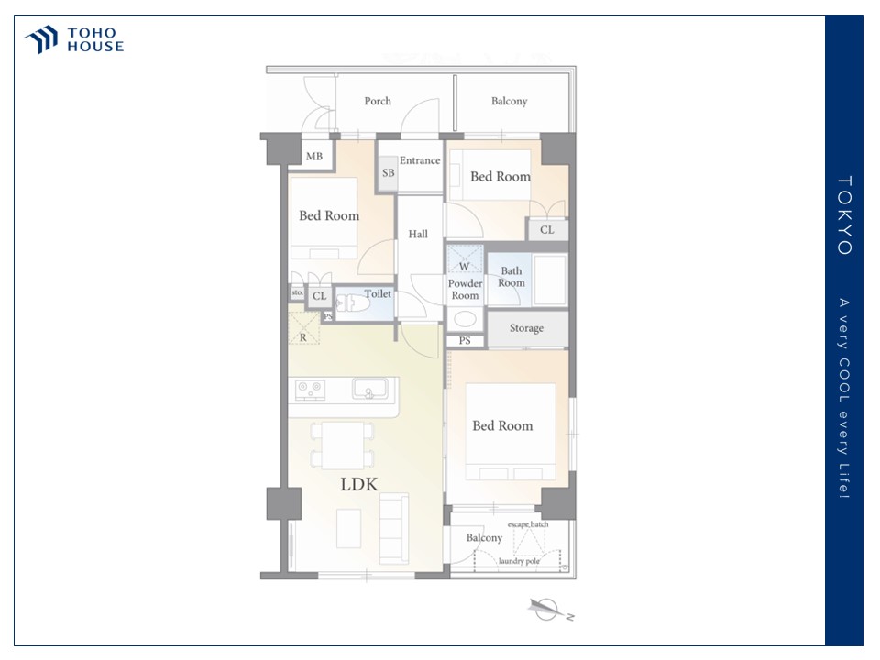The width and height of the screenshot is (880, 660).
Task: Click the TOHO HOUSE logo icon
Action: (41, 39)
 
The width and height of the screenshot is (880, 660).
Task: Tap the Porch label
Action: (378, 101)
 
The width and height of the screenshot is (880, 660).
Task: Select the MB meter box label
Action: (314, 156)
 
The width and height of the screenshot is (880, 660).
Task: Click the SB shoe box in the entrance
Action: (388, 173)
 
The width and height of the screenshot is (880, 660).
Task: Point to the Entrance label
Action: (420, 160)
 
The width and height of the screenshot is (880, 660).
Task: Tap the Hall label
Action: (418, 234)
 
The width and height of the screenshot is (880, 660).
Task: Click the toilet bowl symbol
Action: (352, 303)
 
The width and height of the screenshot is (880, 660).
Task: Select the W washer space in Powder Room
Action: (465, 258)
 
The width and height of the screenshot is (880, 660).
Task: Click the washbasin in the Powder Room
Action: (465, 319)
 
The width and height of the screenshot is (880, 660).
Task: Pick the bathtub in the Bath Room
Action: (549, 280)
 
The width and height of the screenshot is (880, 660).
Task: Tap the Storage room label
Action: (526, 328)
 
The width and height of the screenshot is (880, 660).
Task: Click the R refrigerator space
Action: (303, 328)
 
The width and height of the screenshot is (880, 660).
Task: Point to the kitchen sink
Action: (369, 389)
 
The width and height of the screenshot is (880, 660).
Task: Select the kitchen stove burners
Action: (311, 390)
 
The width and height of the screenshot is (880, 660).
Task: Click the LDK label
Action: (359, 484)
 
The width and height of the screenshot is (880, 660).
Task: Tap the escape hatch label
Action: (528, 524)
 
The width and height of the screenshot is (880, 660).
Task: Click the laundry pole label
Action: (519, 561)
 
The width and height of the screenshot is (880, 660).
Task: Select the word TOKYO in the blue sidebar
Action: (844, 215)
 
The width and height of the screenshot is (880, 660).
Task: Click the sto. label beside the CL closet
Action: (297, 292)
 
